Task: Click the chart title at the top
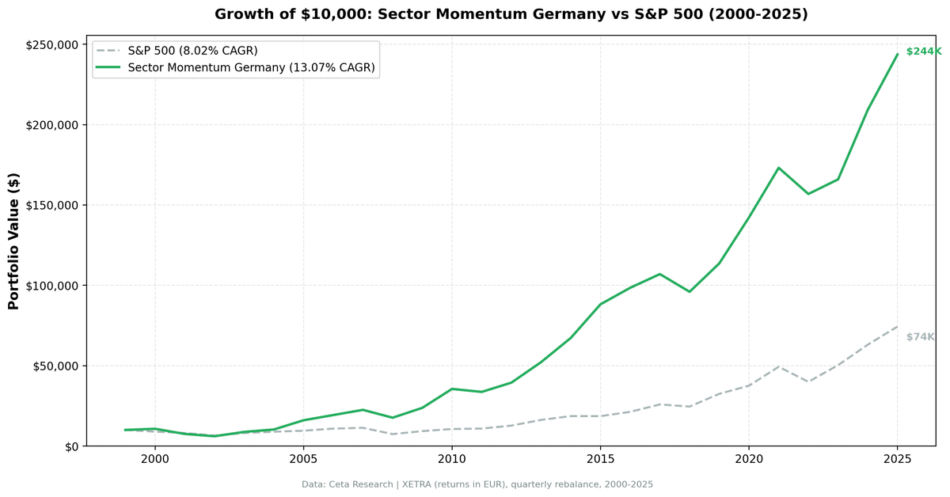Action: click(511, 14)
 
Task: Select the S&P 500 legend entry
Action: click(192, 51)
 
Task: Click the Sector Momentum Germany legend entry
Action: click(250, 68)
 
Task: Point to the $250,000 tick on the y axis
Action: click(55, 45)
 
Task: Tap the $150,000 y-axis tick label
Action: click(55, 206)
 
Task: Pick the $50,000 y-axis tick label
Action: click(58, 366)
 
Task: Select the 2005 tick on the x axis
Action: click(303, 459)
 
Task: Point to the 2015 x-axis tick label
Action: click(600, 459)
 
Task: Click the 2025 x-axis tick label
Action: click(897, 459)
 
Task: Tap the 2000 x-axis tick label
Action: click(155, 459)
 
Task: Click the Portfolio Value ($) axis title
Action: click(13, 241)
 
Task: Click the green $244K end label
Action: click(923, 51)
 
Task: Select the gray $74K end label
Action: click(920, 337)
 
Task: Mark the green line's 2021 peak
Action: click(779, 168)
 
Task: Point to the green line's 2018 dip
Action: click(690, 291)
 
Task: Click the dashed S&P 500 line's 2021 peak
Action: click(779, 366)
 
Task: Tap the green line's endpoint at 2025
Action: click(897, 54)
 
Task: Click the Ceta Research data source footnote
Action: click(477, 484)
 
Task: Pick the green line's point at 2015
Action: click(600, 304)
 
